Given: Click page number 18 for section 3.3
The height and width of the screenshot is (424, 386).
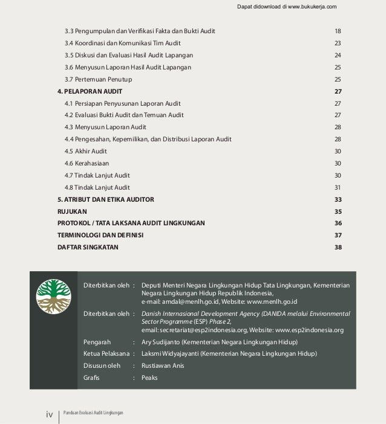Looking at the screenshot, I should [x=338, y=31].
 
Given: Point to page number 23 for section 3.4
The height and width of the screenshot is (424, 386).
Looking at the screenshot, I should [x=338, y=43].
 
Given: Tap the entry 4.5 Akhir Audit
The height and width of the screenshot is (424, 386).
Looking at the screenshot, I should [x=86, y=151].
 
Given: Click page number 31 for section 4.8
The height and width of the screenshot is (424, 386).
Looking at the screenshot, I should [x=338, y=187].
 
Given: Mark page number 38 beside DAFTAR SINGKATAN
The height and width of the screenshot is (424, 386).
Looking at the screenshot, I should [x=338, y=247].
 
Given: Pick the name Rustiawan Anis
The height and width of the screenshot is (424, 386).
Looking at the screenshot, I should [x=163, y=365].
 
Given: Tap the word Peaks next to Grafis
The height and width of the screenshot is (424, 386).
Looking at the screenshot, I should [x=149, y=377].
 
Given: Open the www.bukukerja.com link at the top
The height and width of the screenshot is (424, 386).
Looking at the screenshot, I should [x=307, y=7].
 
